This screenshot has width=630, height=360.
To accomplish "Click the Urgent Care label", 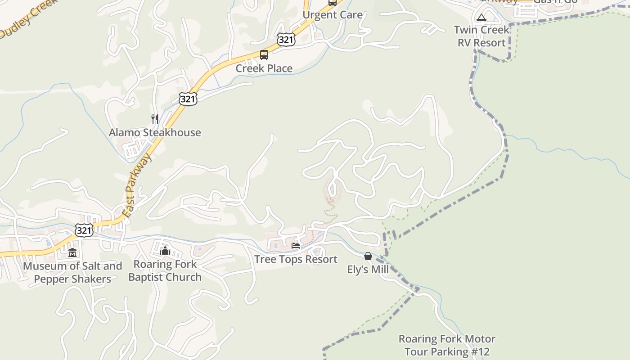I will [332, 15].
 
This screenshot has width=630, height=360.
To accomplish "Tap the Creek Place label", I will [264, 68].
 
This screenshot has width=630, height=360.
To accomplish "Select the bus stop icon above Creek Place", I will [264, 55].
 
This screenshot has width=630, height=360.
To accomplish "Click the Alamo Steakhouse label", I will [155, 132].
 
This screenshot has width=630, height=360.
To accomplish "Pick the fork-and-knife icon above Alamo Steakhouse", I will [155, 119].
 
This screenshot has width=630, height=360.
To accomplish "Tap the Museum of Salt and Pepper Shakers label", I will [72, 272].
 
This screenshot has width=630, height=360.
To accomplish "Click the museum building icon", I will [72, 252].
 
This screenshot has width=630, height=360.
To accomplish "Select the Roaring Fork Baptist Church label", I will [165, 270].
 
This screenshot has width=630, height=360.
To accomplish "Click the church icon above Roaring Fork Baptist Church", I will [165, 250].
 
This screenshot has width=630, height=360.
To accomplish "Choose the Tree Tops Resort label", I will [296, 259].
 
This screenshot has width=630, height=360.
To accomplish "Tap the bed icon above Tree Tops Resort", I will [296, 246].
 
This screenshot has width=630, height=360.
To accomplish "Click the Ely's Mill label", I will [368, 270].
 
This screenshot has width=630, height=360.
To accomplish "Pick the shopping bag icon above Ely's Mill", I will [368, 256].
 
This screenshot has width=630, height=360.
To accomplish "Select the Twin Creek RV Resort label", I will [481, 36].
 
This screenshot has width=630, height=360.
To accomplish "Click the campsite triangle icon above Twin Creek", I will [481, 18].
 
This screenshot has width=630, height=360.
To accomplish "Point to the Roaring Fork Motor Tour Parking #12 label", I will [447, 345].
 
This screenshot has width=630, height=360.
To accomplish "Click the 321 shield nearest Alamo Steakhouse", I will [188, 99].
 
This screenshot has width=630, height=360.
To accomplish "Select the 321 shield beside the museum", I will [84, 230].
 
